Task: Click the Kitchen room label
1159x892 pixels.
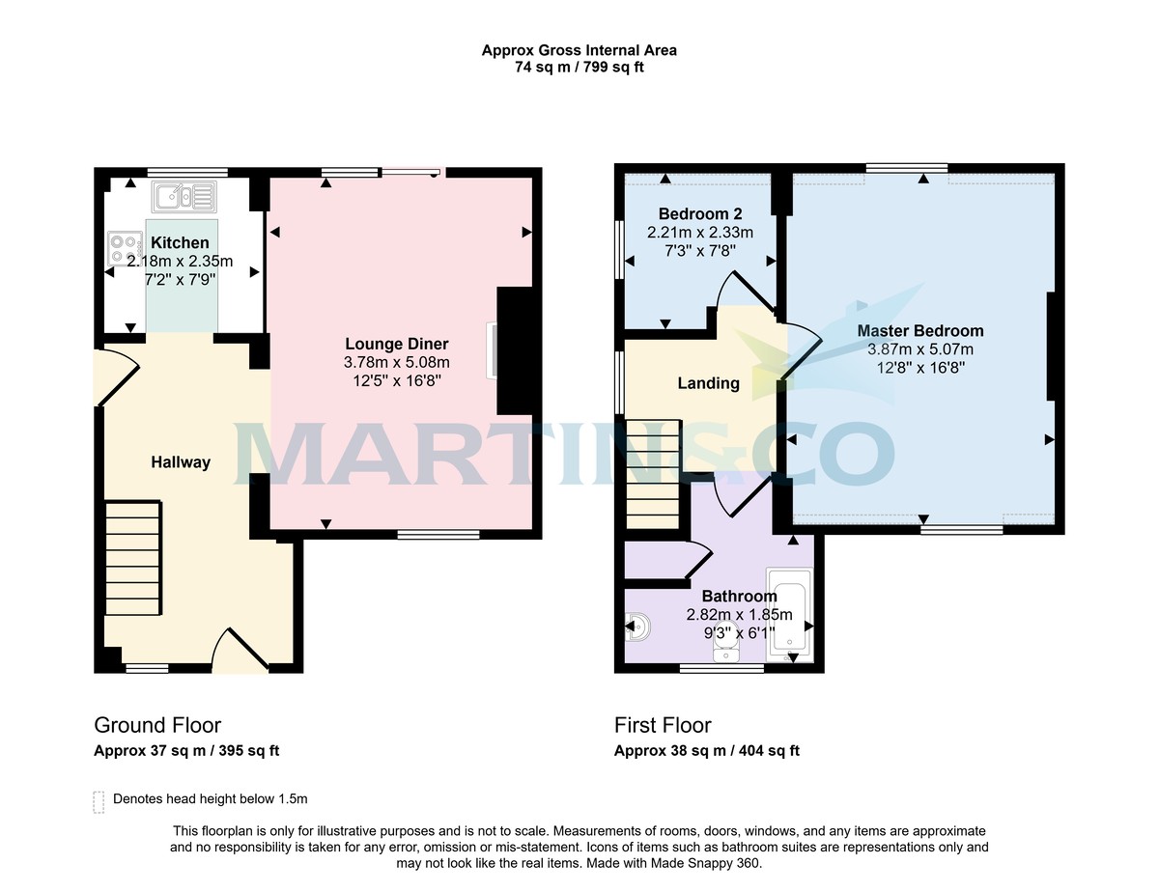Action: (x=180, y=243)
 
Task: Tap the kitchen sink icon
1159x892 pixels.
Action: (x=184, y=197)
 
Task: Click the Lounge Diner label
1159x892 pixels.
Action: (x=397, y=345)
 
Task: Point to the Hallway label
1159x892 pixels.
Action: (x=180, y=462)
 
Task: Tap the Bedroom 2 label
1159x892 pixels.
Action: (x=699, y=213)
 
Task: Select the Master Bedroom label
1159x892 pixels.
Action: (x=920, y=331)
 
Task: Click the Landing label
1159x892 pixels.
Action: (x=708, y=383)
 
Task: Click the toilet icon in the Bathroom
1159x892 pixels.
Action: (x=638, y=629)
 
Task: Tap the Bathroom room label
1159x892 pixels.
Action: (x=739, y=597)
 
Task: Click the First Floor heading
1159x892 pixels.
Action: (x=663, y=725)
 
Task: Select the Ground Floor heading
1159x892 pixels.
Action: (x=157, y=725)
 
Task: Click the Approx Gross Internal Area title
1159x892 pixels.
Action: (x=579, y=50)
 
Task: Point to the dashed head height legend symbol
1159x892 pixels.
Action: (x=99, y=801)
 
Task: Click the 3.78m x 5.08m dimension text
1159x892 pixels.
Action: (x=397, y=363)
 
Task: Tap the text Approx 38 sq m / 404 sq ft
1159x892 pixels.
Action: (x=707, y=751)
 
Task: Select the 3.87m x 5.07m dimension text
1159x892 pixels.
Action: (x=920, y=349)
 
